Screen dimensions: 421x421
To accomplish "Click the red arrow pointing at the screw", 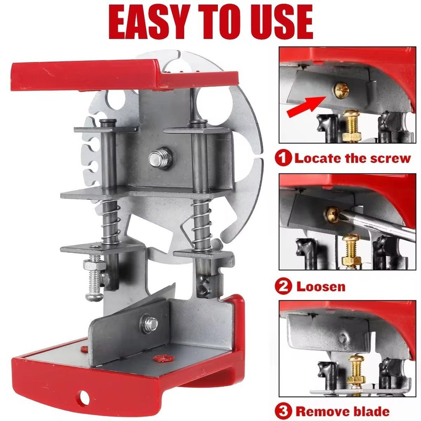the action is tap(306, 106).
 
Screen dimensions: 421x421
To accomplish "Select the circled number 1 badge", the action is tap(283, 158).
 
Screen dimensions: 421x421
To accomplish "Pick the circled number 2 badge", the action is tap(283, 286).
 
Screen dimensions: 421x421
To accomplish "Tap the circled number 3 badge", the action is tap(283, 411).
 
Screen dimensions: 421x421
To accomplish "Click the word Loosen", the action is tap(321, 287).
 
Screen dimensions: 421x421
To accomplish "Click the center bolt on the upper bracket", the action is tap(160, 158).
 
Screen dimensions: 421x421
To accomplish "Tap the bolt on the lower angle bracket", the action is tap(149, 323).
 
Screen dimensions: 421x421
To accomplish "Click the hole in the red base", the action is tap(84, 397).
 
